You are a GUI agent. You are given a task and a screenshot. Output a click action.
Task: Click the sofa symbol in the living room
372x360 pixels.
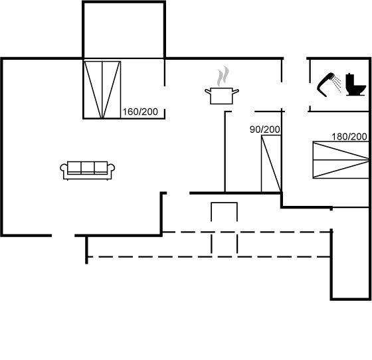tap(88, 171)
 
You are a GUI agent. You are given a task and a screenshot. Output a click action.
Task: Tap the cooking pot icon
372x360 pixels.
tap(222, 96)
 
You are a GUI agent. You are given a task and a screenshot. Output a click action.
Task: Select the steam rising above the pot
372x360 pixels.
tap(223, 76)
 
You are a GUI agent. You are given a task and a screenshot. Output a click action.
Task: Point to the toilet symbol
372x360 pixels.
tap(355, 84)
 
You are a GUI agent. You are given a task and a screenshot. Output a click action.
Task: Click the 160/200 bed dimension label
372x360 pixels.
tap(140, 112)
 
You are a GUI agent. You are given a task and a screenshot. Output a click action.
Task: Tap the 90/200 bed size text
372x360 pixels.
tap(265, 130)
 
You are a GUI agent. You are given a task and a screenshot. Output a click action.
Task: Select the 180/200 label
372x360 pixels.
tap(349, 137)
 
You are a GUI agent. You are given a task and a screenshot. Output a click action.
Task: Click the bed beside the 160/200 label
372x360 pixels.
tap(102, 90)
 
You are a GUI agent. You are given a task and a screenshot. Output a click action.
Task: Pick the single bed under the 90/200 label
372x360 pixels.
tap(271, 163)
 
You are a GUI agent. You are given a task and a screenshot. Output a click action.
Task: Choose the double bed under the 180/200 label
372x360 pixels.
tap(341, 159)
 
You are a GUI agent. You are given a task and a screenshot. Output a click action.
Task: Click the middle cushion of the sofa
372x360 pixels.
tap(88, 167)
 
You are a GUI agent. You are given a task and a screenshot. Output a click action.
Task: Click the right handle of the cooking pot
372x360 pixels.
tap(236, 91)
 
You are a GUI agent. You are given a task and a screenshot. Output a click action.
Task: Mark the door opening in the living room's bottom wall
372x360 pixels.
tap(63, 235)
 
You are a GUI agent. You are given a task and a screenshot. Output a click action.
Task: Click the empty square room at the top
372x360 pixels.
tap(124, 30)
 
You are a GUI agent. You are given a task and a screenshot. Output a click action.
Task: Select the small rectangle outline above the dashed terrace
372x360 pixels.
tap(225, 211)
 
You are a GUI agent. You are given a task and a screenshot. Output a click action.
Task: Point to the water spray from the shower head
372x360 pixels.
tap(336, 83)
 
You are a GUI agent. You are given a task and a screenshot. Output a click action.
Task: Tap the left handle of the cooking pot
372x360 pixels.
tap(208, 91)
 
